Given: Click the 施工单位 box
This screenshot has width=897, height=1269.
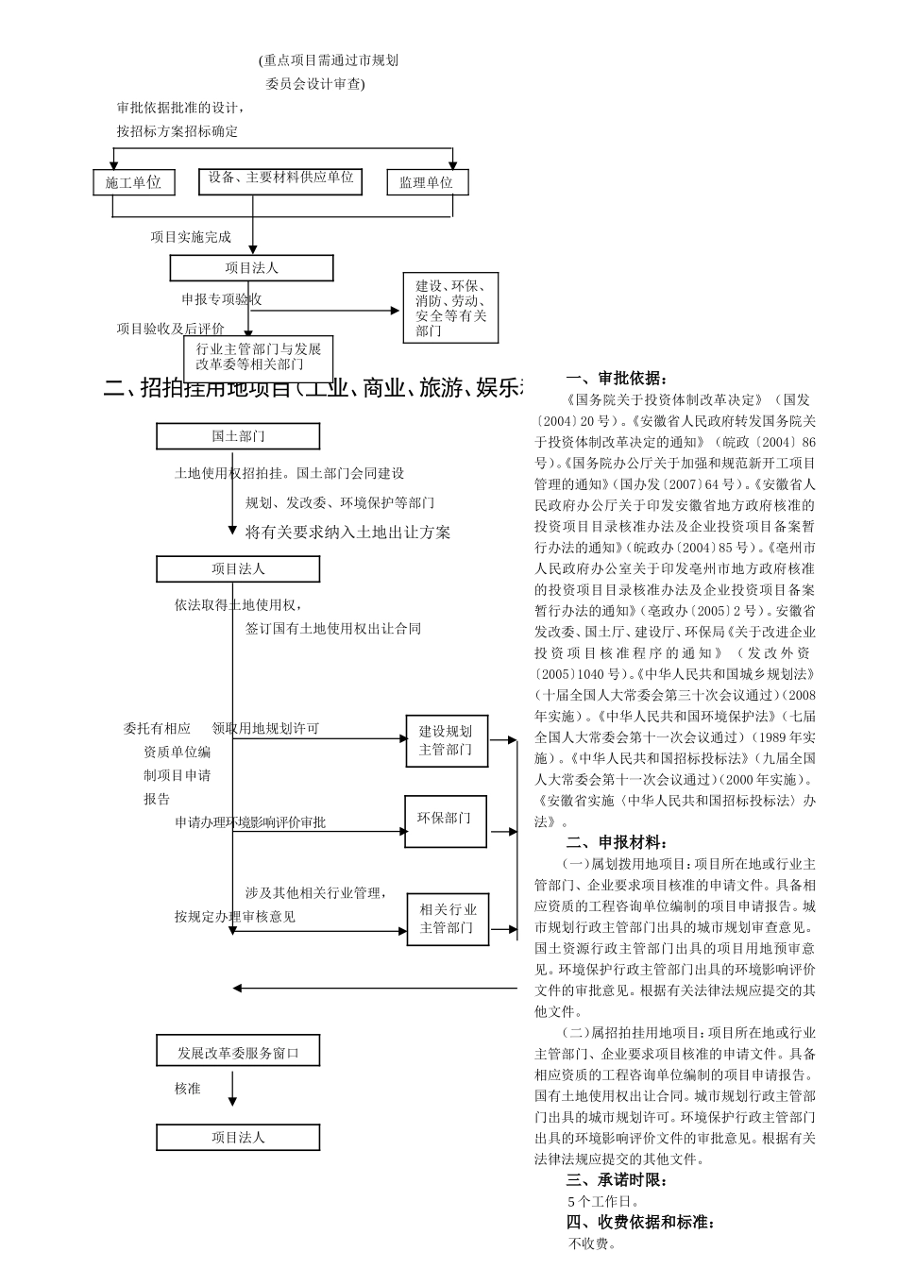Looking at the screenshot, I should pyautogui.click(x=133, y=182).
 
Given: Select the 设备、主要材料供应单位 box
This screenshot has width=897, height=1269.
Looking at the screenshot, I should pyautogui.click(x=280, y=179).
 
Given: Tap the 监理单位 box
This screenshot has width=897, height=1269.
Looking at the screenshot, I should pyautogui.click(x=427, y=182).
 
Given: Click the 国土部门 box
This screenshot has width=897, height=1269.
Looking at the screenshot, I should pyautogui.click(x=238, y=436).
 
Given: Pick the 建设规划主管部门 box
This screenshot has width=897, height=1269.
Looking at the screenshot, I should pyautogui.click(x=446, y=740).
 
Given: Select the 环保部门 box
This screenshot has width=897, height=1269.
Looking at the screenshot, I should pyautogui.click(x=446, y=819).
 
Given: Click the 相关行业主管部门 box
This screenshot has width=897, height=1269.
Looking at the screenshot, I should pyautogui.click(x=448, y=919).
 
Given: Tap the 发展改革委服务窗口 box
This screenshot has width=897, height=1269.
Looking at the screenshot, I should pyautogui.click(x=238, y=1052).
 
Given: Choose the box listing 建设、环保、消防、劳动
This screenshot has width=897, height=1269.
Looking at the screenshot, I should pyautogui.click(x=449, y=308).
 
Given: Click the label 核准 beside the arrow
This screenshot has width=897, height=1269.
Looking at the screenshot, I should pyautogui.click(x=188, y=1089).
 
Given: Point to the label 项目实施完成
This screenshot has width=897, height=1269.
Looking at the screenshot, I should pyautogui.click(x=191, y=237).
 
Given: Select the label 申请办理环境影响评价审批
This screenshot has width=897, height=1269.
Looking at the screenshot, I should pyautogui.click(x=250, y=822).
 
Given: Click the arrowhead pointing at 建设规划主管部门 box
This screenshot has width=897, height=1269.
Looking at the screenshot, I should pyautogui.click(x=402, y=739).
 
